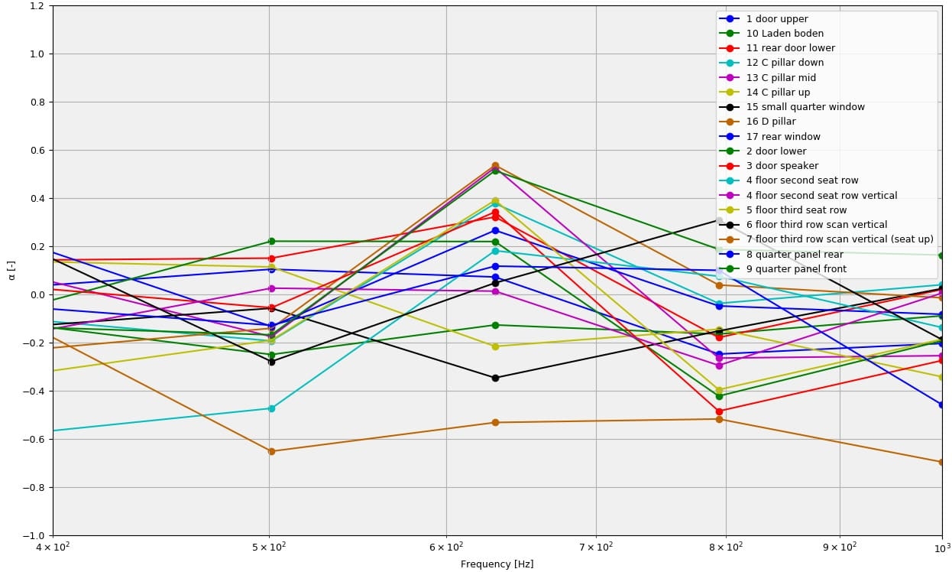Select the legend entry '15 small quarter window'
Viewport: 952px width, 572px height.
tap(805, 107)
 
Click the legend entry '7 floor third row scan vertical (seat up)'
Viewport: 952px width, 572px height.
tap(840, 239)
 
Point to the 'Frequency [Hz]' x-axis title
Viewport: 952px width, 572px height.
tap(497, 564)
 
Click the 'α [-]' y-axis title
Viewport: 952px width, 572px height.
tap(11, 270)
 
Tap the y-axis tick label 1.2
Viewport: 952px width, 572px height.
tap(37, 6)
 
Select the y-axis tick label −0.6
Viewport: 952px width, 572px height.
tap(34, 440)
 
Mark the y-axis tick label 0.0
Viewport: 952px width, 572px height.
tap(37, 295)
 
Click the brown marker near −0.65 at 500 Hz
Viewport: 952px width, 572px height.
tap(271, 451)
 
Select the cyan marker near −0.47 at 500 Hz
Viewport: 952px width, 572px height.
tap(271, 408)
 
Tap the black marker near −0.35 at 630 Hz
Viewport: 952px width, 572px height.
tap(495, 378)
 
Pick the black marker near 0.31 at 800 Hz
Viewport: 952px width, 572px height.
tap(719, 220)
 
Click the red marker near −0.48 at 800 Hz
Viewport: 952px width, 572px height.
tap(719, 411)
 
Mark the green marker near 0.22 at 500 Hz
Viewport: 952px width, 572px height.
tap(271, 242)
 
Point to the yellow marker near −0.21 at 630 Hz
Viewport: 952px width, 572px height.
tap(495, 346)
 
